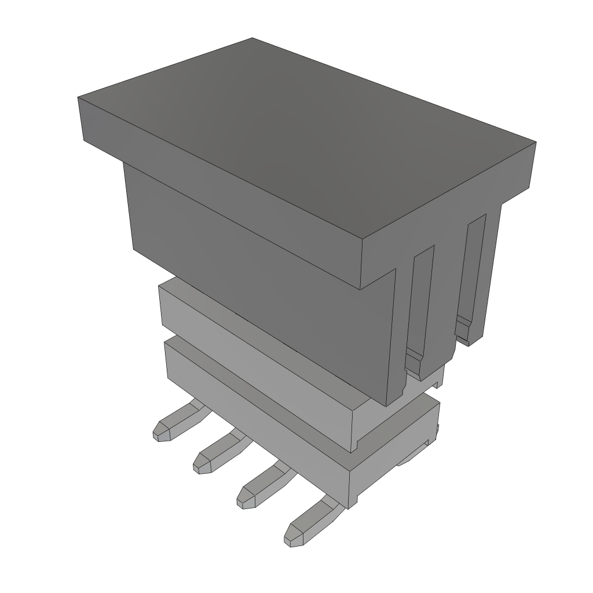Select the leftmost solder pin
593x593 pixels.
click(174, 423)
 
